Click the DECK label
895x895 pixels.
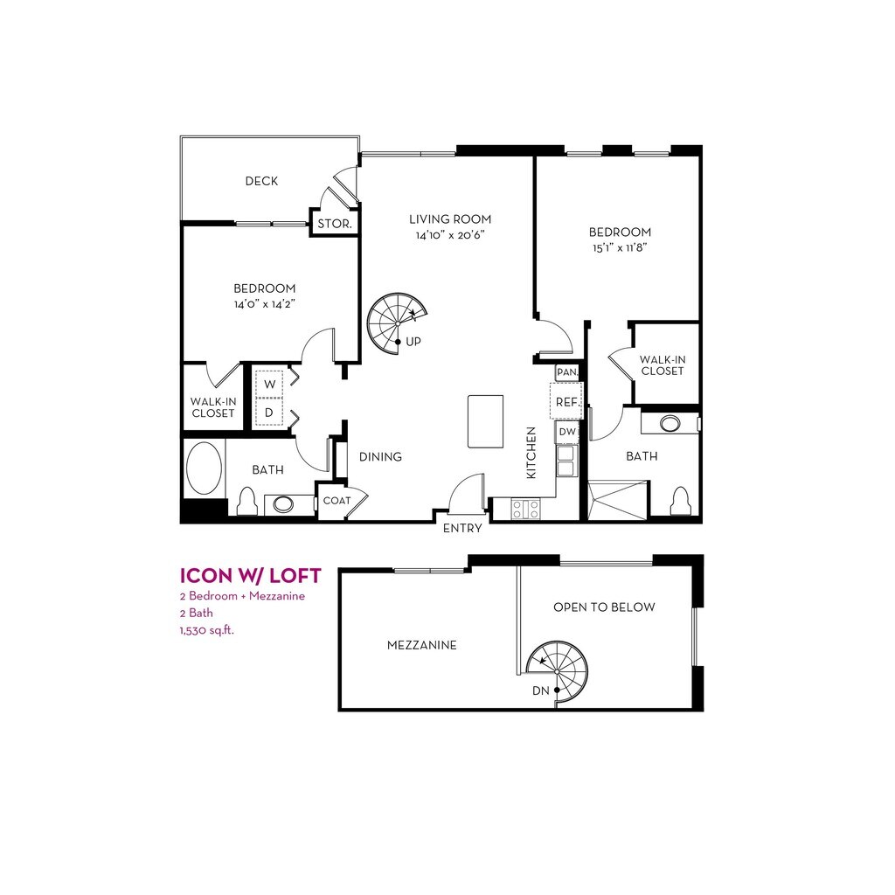click(x=261, y=181)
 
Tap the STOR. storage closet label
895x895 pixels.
click(x=335, y=224)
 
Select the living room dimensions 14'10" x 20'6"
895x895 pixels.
click(x=450, y=234)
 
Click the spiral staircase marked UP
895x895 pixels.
click(x=398, y=323)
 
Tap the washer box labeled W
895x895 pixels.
click(x=269, y=385)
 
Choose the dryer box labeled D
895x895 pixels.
click(x=269, y=412)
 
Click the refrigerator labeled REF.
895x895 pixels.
click(x=566, y=402)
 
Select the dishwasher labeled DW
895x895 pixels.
click(x=566, y=432)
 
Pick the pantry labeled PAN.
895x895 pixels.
click(x=567, y=372)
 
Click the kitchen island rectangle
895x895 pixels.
click(x=486, y=421)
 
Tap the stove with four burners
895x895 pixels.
click(x=525, y=509)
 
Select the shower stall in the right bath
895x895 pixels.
click(x=618, y=501)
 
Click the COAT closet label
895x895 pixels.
click(x=336, y=501)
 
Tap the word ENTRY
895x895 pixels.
click(x=462, y=529)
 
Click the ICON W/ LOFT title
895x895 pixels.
click(x=251, y=575)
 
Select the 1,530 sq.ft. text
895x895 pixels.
click(x=207, y=630)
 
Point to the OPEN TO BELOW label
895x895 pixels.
click(x=604, y=607)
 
